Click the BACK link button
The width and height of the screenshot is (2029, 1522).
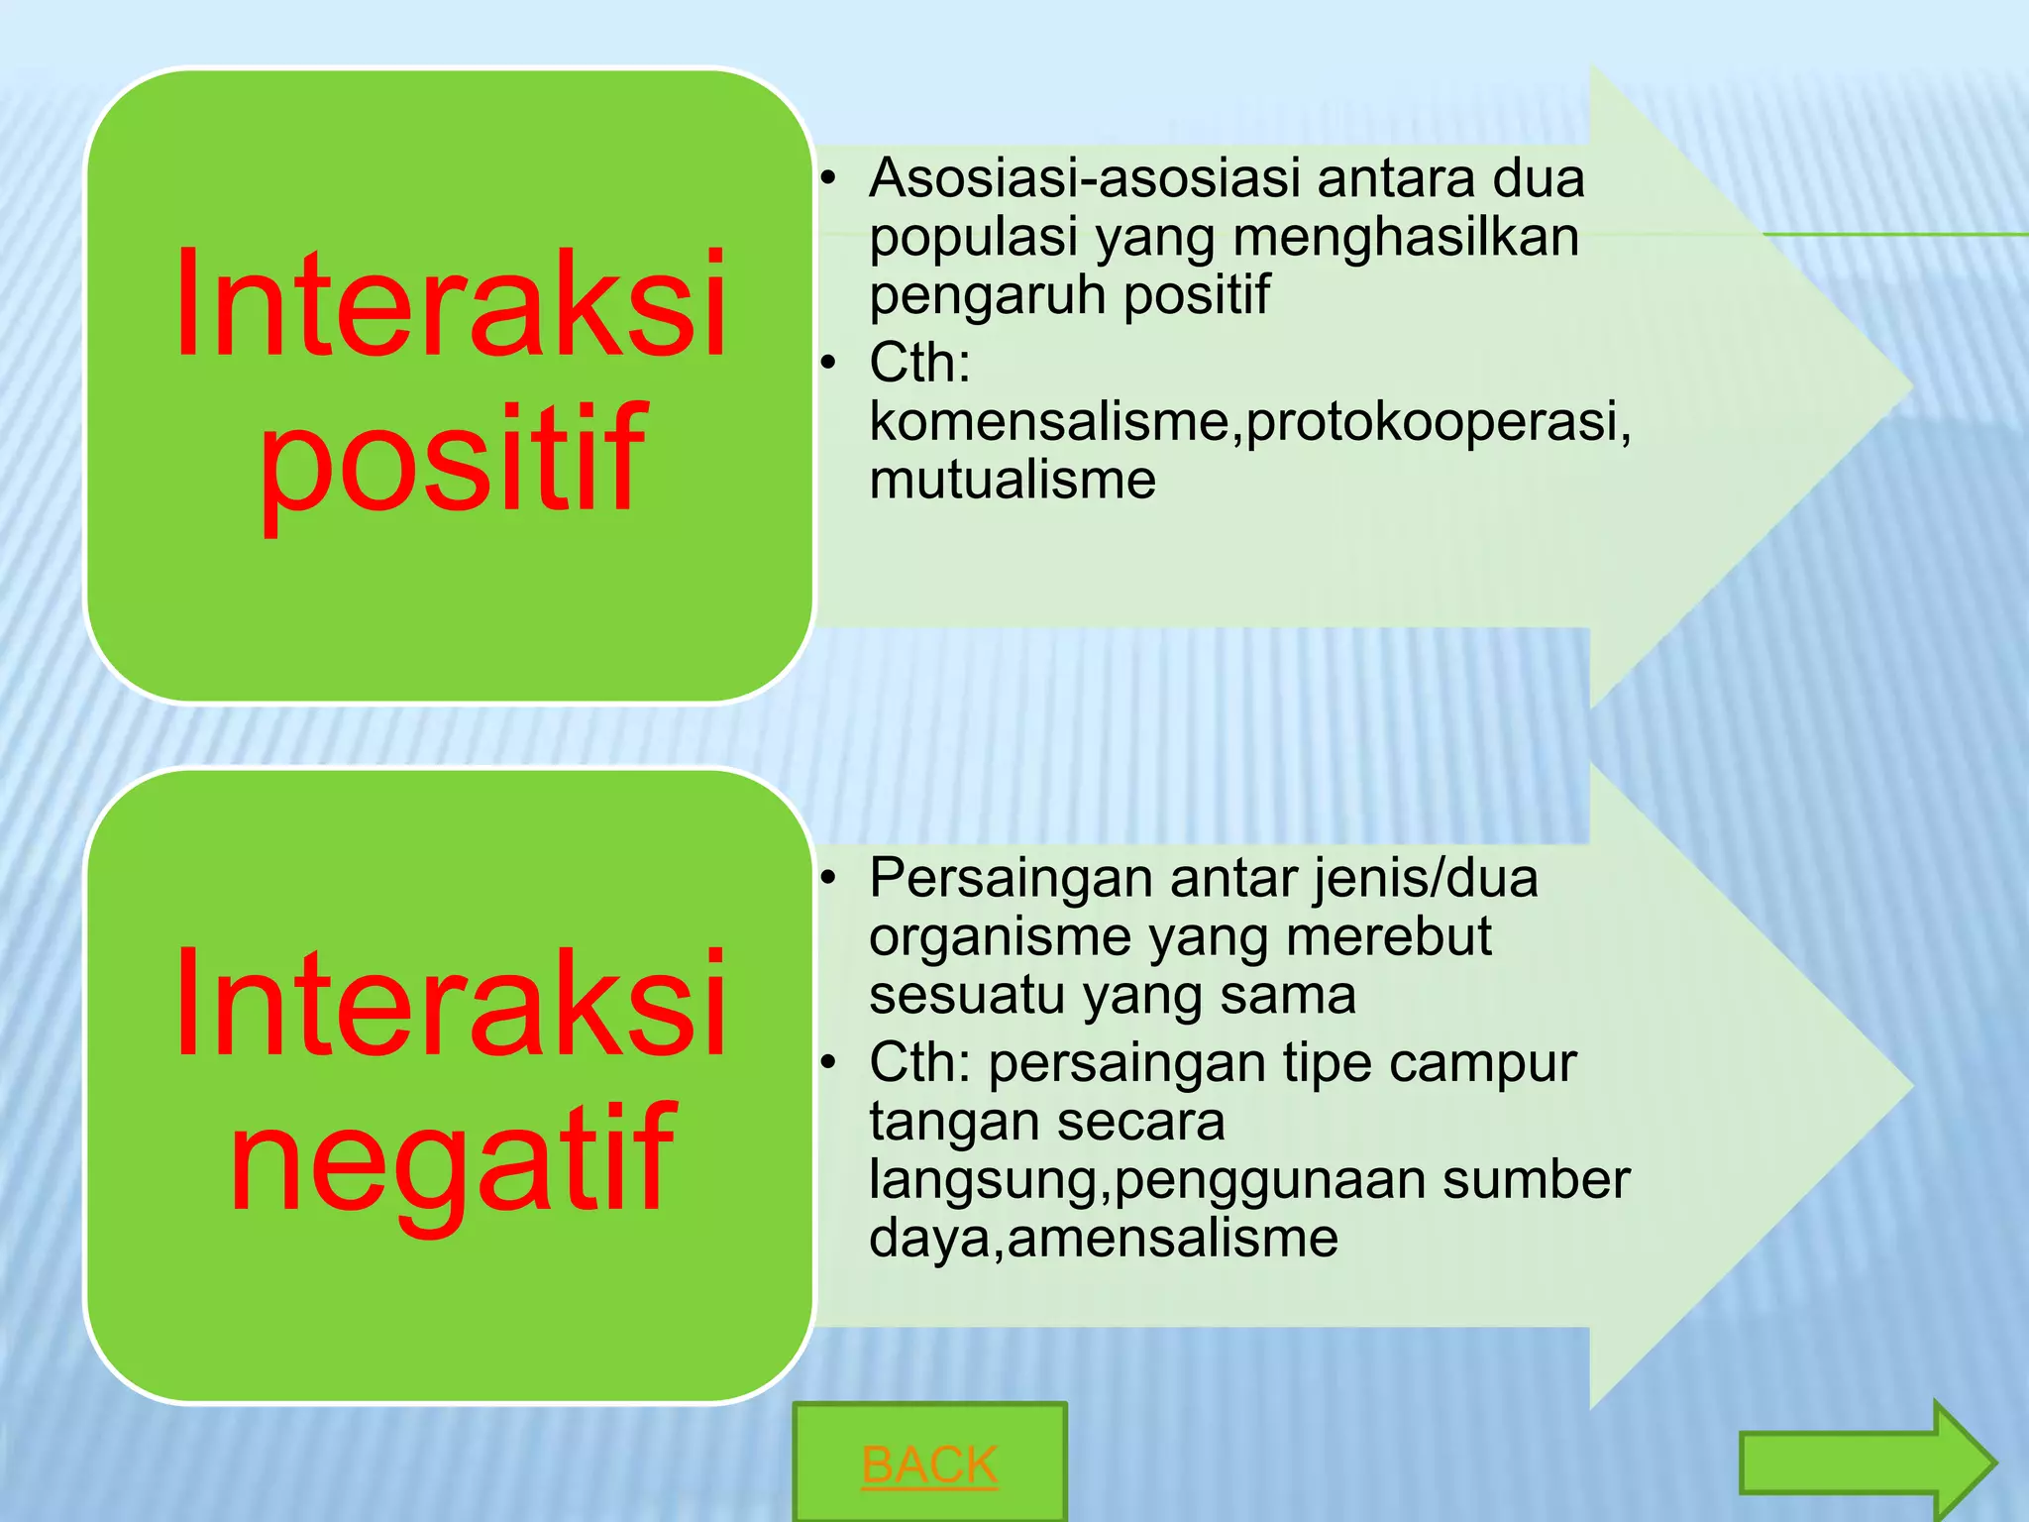pos(929,1464)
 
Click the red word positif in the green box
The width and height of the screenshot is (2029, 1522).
pos(452,460)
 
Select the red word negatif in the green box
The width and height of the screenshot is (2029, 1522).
pos(452,1159)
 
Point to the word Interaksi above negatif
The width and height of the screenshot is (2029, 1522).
pos(452,1004)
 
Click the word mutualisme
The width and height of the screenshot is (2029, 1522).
pos(1013,480)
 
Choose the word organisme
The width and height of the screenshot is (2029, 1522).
pos(1000,937)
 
